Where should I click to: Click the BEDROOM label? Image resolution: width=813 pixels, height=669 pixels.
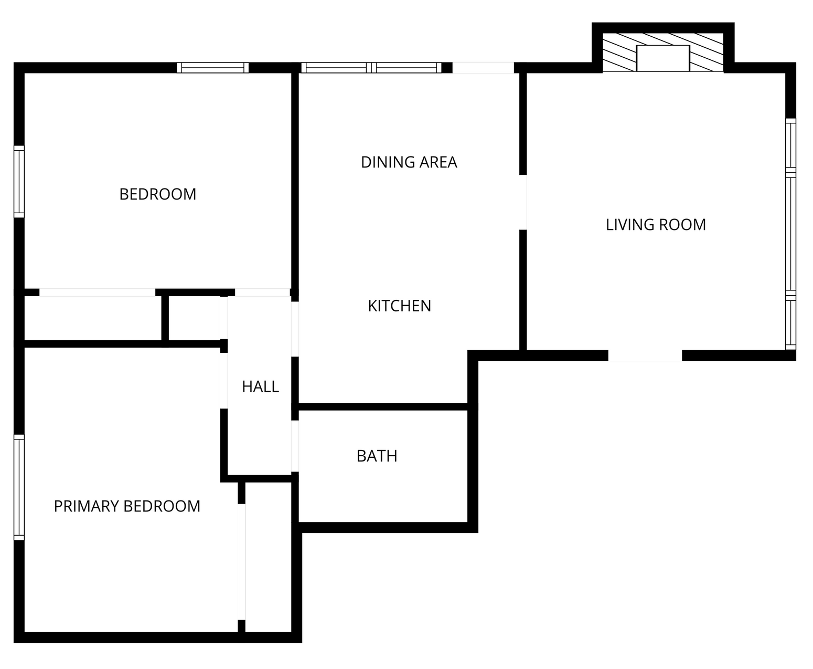tap(158, 194)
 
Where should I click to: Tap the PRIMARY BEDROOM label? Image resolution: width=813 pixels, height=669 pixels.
tap(127, 506)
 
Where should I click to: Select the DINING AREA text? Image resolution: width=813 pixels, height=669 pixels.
tap(409, 162)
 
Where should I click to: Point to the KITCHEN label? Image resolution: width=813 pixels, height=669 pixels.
tap(399, 306)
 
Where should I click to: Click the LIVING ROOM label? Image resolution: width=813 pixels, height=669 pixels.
tap(656, 225)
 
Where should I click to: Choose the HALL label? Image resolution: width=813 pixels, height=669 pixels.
tap(260, 386)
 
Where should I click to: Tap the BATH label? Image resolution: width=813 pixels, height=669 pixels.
tap(377, 456)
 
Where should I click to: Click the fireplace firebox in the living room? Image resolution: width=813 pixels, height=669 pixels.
tap(662, 58)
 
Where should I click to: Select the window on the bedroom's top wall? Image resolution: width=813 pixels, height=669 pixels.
tap(213, 68)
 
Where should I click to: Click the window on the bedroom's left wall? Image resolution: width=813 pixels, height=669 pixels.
tap(19, 182)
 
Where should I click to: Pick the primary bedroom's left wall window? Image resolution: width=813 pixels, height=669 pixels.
tap(19, 487)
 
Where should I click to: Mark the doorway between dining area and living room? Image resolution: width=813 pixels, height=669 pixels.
tap(523, 202)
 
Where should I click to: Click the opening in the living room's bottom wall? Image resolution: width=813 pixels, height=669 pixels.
tap(645, 355)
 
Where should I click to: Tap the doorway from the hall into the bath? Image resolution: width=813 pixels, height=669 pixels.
tap(295, 446)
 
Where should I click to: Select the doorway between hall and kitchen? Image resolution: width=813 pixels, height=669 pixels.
tap(295, 329)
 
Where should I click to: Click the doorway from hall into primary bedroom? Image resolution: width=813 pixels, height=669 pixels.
tap(223, 381)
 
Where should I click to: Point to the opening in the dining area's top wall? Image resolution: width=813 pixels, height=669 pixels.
tap(483, 68)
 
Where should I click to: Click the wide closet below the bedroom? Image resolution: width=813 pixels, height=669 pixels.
tap(92, 318)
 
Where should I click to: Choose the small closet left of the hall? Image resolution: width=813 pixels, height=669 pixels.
tap(194, 318)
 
